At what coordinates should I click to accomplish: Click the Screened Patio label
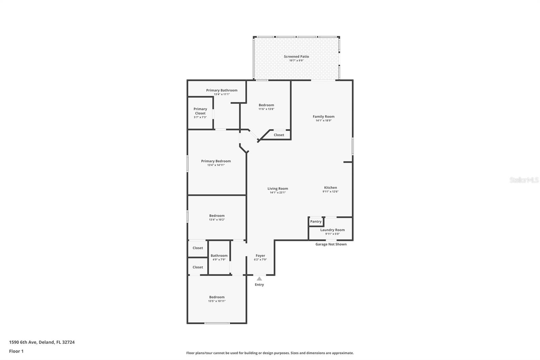point(296,56)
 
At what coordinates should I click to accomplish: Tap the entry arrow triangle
point(259,279)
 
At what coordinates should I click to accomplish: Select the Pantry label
point(316,222)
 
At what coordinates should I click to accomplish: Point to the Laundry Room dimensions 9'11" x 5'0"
point(332,234)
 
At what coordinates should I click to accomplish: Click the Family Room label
point(324,117)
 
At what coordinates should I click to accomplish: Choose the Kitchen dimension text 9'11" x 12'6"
point(330,191)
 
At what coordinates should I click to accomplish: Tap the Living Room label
point(278,189)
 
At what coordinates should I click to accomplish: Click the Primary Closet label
point(200,111)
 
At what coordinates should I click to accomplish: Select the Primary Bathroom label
point(222,90)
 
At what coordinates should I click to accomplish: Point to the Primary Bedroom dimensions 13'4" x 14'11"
point(216,165)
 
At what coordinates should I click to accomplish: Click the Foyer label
point(260,256)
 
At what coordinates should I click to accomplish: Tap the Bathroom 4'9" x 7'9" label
point(219,256)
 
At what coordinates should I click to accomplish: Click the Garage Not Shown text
point(331,244)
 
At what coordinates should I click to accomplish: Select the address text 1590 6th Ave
point(23,342)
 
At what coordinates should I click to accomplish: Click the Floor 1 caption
point(17,351)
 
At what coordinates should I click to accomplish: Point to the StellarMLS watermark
point(524,180)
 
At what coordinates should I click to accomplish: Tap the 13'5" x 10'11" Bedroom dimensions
point(217,301)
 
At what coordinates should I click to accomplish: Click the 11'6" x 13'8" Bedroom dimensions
point(266,109)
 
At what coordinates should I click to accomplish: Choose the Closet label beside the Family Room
point(279,135)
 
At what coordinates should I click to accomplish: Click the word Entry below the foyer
point(260,285)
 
